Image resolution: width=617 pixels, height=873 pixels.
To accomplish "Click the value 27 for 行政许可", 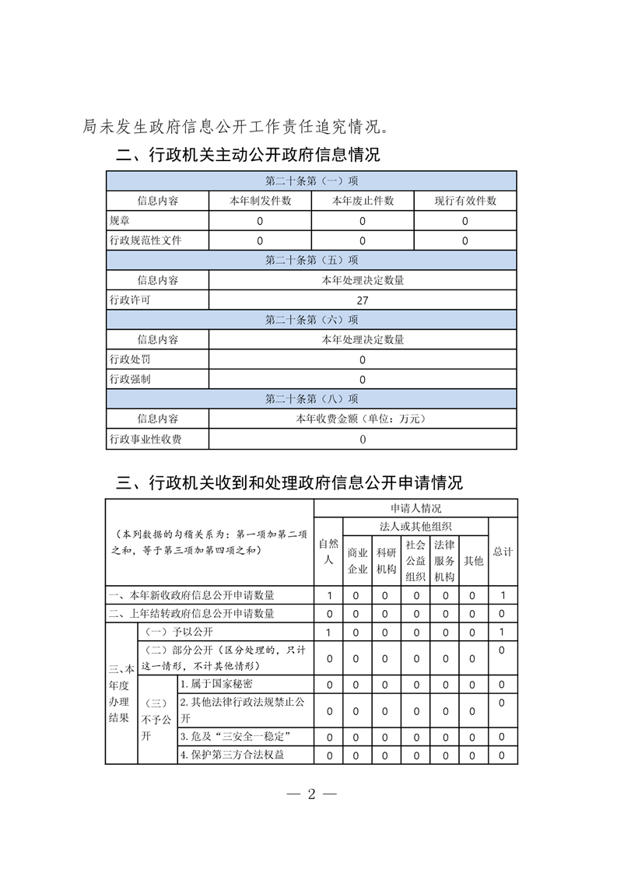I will (362, 300).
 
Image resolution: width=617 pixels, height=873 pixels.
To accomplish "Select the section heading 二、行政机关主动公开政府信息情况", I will (248, 154).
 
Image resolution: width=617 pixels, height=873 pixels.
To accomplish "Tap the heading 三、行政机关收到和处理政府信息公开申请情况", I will (289, 482).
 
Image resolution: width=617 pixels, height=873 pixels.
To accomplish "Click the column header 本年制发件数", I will (260, 201).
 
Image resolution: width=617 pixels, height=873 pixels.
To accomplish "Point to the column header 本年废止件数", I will (363, 201).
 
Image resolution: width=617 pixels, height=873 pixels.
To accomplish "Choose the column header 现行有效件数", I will (465, 201).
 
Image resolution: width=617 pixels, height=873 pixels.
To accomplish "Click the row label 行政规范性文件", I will (145, 240).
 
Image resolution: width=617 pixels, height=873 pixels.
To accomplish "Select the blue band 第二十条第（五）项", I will (311, 261).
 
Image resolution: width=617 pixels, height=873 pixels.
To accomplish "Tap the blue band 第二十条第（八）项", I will (311, 399).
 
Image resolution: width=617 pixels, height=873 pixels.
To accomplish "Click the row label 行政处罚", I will (130, 359).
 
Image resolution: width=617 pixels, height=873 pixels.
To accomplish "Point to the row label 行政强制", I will (130, 379).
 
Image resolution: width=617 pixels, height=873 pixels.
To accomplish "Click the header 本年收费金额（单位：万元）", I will (362, 419).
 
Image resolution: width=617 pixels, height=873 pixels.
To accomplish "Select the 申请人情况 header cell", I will (415, 509).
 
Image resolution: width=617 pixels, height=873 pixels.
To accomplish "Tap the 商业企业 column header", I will (357, 560).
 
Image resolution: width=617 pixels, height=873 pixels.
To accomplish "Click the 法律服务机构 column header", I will (443, 560).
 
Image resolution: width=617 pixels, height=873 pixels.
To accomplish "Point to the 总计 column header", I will (503, 552).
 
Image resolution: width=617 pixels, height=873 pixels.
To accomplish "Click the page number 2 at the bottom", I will (310, 794).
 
